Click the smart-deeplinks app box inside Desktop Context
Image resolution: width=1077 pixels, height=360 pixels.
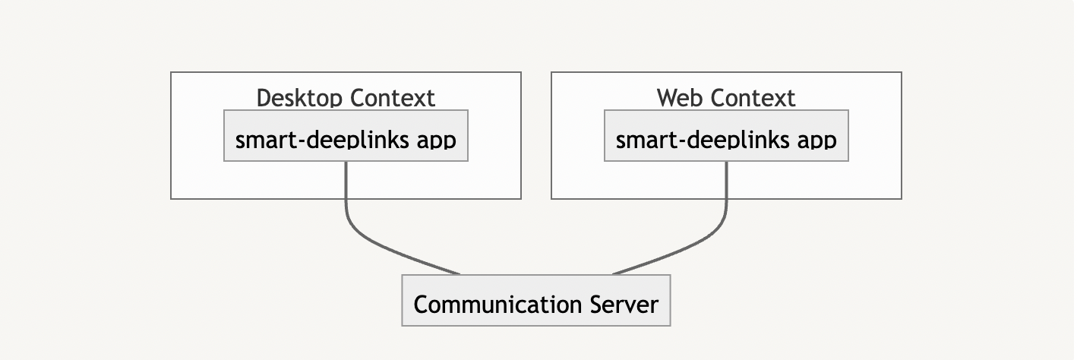346,135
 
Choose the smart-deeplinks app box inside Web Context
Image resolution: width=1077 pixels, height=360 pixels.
726,135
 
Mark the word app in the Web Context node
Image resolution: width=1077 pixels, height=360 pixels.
818,141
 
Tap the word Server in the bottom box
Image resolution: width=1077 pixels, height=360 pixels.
624,305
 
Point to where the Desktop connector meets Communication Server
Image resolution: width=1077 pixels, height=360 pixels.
460,274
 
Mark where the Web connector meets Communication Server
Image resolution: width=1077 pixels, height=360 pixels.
613,274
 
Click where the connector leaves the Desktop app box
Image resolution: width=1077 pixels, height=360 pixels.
346,163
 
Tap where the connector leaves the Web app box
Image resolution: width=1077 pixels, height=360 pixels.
727,163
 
